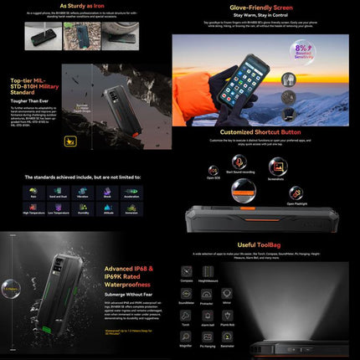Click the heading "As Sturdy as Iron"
tap(88, 5)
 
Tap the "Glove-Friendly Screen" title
tap(265, 5)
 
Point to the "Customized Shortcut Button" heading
tap(265, 132)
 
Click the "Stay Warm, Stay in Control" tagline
tap(265, 14)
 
